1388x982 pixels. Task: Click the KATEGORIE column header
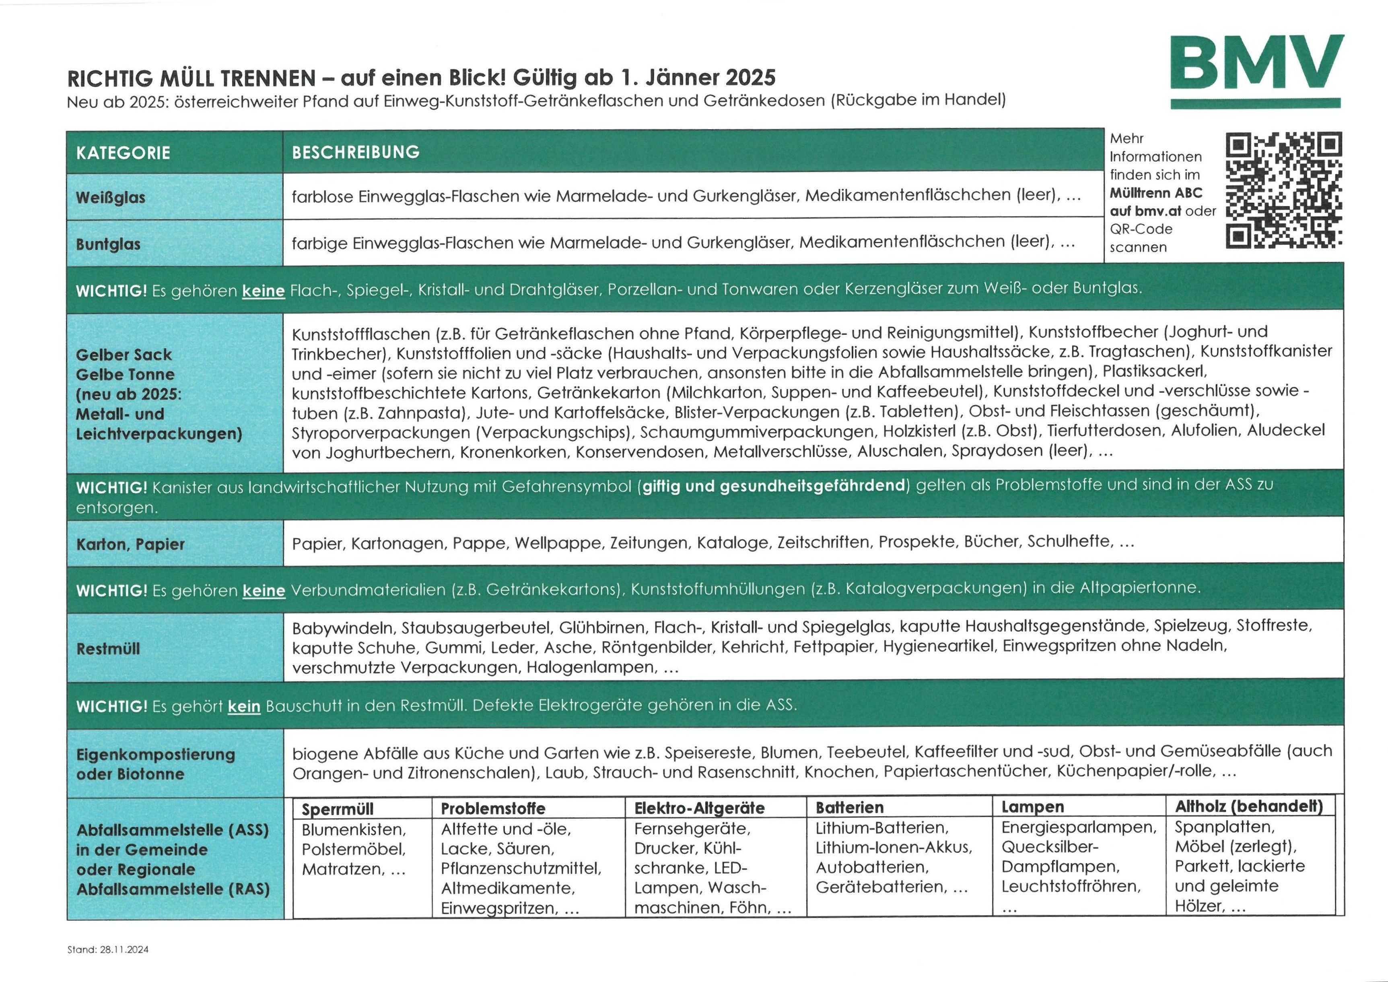pyautogui.click(x=124, y=153)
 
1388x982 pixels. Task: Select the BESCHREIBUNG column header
pyautogui.click(x=356, y=152)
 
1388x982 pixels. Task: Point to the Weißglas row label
pyautogui.click(x=111, y=197)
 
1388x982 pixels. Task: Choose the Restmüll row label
pyautogui.click(x=108, y=648)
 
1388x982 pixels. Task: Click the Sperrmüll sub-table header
pyautogui.click(x=337, y=809)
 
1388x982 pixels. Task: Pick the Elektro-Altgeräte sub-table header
pyautogui.click(x=699, y=807)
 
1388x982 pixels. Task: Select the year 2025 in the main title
pyautogui.click(x=750, y=77)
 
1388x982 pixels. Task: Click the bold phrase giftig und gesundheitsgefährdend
pyautogui.click(x=773, y=485)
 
